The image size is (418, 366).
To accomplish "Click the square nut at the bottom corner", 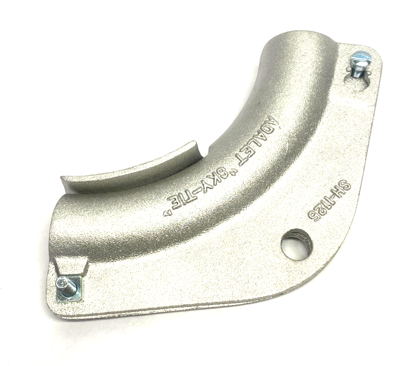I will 69,287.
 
